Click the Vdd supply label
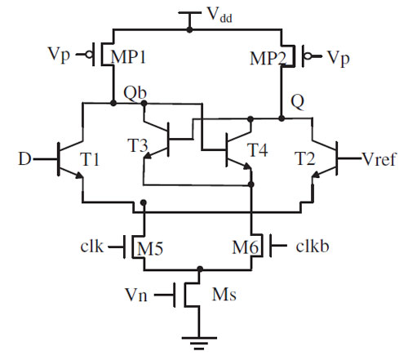click(220, 15)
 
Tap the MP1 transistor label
click(128, 57)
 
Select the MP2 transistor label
click(268, 58)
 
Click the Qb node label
click(135, 92)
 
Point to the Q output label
click(297, 102)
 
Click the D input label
click(24, 159)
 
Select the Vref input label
click(379, 159)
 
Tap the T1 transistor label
click(90, 159)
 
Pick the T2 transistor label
click(305, 159)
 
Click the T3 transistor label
click(138, 145)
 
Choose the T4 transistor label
click(257, 150)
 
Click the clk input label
click(91, 247)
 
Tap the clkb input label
click(313, 247)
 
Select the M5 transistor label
click(150, 249)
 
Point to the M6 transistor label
click(245, 248)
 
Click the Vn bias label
click(136, 295)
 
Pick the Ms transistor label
click(224, 294)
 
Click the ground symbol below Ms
click(199, 343)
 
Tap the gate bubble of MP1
click(89, 55)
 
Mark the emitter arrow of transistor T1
click(79, 176)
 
